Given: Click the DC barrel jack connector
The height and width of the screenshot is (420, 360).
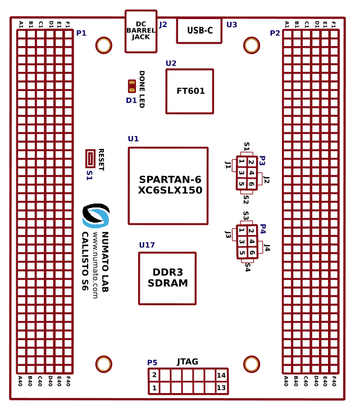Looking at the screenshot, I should pyautogui.click(x=140, y=31).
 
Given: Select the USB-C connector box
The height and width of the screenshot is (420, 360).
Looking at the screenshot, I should pyautogui.click(x=199, y=30).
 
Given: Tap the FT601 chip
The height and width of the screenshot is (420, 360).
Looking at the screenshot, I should pyautogui.click(x=190, y=91).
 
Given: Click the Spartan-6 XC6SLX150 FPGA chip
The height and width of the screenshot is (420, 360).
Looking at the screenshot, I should pyautogui.click(x=168, y=186).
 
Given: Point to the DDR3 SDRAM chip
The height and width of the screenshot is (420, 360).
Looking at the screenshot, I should pyautogui.click(x=167, y=278).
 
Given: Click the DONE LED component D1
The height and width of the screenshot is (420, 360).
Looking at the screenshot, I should pyautogui.click(x=131, y=86).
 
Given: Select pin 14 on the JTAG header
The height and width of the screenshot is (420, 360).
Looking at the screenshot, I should pyautogui.click(x=221, y=375).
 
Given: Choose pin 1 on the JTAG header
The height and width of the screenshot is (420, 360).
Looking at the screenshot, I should pyautogui.click(x=154, y=387).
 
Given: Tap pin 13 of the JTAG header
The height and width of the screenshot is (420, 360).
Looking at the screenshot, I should pyautogui.click(x=221, y=387).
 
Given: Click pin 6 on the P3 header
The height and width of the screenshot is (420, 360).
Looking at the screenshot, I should pyautogui.click(x=252, y=184).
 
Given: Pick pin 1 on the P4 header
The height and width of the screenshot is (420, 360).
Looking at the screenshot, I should pyautogui.click(x=241, y=231).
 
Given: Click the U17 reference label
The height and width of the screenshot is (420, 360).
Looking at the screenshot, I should pyautogui.click(x=147, y=245).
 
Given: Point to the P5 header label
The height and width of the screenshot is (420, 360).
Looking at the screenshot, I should pyautogui.click(x=152, y=363).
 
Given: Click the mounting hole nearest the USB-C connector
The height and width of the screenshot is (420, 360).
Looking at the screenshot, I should pyautogui.click(x=251, y=45).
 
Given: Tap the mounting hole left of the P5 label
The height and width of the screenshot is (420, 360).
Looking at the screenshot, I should pyautogui.click(x=104, y=364).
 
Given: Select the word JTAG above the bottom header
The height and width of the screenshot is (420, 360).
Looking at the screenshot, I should pyautogui.click(x=188, y=362).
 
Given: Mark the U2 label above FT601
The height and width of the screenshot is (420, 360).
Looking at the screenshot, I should pyautogui.click(x=171, y=63).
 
